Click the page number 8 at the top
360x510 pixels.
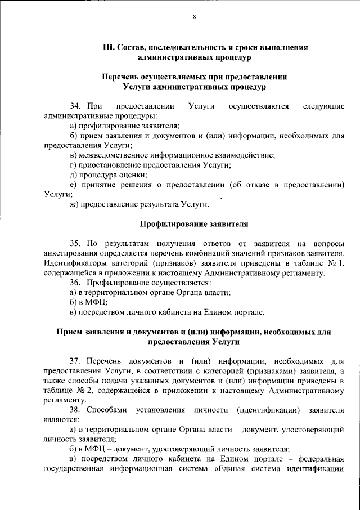[x=194, y=17]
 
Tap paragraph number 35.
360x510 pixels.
[x=76, y=243]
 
